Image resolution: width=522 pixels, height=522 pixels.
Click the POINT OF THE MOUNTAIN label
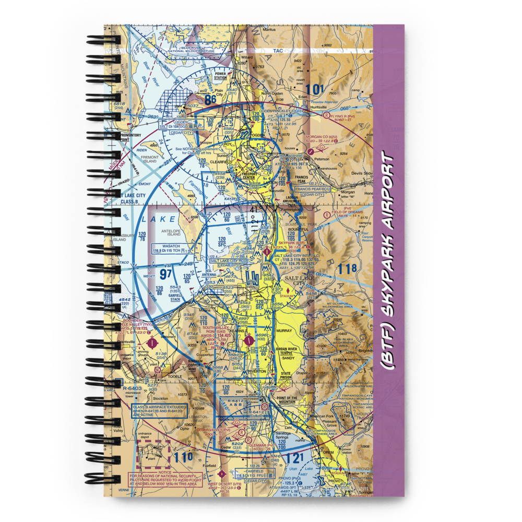pos(288,399)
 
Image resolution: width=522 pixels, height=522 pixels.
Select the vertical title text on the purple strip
pos(388,261)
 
